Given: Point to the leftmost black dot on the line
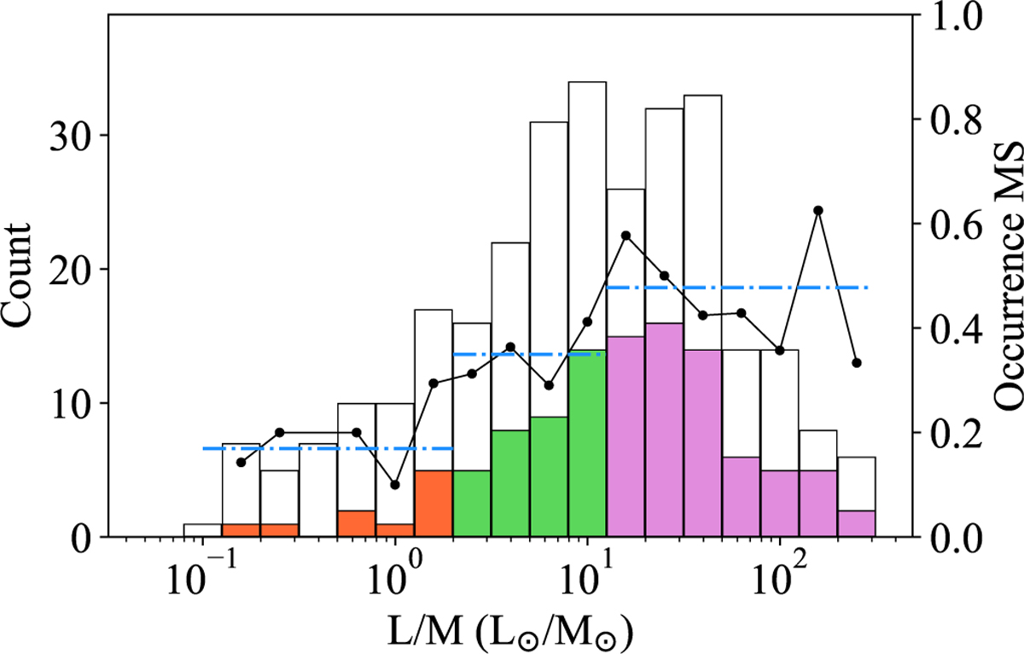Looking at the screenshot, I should click(x=241, y=462).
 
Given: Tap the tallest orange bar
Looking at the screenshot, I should click(x=433, y=504).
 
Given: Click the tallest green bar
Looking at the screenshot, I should click(x=587, y=444).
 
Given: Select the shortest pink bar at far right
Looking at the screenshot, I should click(x=856, y=523).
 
